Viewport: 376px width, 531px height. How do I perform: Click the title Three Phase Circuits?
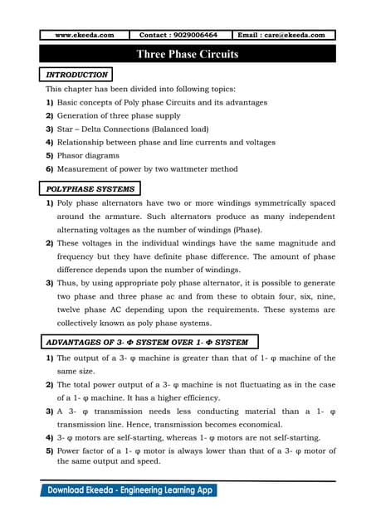tap(188, 55)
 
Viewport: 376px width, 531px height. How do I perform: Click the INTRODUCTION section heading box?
tap(76, 75)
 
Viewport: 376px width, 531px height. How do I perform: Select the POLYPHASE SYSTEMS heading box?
tap(90, 189)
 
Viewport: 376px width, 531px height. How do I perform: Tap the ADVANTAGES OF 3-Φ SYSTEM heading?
tap(145, 342)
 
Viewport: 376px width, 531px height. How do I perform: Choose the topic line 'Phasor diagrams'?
tap(87, 155)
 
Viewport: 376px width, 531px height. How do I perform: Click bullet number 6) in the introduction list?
tap(49, 168)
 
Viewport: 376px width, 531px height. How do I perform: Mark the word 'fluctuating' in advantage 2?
tap(256, 385)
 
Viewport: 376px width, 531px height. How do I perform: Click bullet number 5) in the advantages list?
tap(49, 451)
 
